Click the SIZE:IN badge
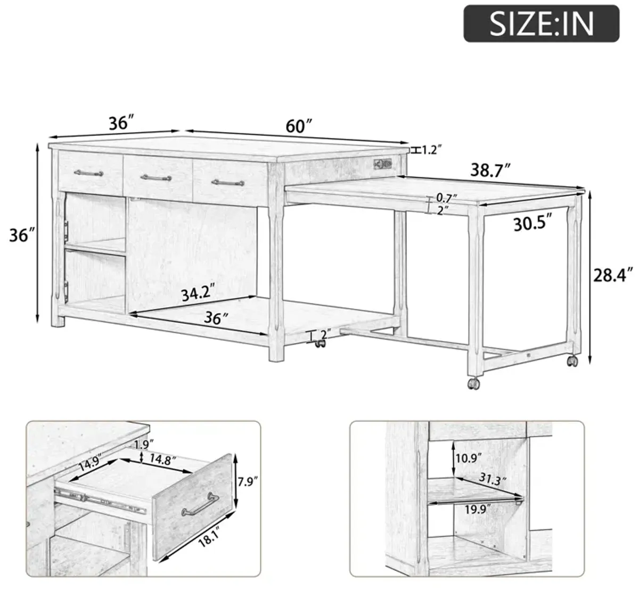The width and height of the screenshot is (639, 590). pos(541,23)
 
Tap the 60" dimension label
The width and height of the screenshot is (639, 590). pos(299,126)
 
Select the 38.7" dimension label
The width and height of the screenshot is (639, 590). pos(490,170)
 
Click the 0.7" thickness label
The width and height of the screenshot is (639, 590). pos(447,198)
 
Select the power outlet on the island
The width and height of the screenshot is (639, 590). pos(382,163)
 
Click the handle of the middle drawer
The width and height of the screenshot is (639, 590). pos(157,177)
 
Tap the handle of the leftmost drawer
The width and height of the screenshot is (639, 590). pos(88,173)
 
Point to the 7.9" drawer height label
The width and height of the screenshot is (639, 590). pos(248,482)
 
